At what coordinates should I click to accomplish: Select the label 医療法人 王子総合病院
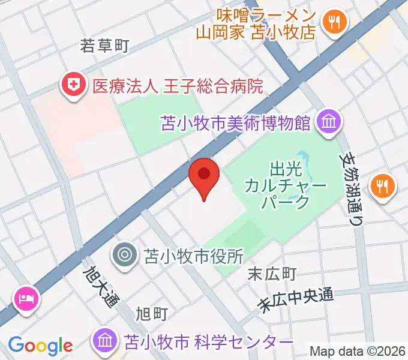pyautogui.click(x=178, y=86)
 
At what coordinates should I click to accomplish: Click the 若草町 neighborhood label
pyautogui.click(x=105, y=46)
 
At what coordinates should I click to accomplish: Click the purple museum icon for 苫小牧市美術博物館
pyautogui.click(x=329, y=122)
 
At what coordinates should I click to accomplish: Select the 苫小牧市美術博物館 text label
pyautogui.click(x=236, y=123)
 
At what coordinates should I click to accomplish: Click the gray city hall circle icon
pyautogui.click(x=125, y=255)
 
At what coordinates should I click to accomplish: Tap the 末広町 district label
pyautogui.click(x=272, y=274)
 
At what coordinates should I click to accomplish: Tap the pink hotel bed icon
pyautogui.click(x=27, y=297)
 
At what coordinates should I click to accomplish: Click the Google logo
pyautogui.click(x=40, y=345)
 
